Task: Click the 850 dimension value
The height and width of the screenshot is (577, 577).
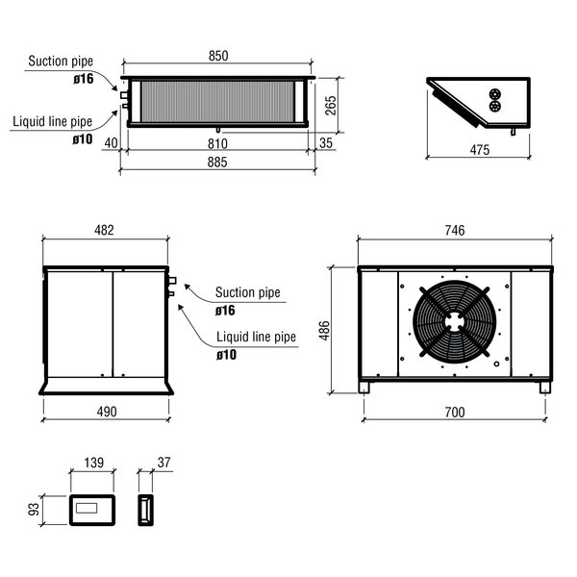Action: (218, 57)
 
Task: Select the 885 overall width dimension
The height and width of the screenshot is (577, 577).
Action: (217, 163)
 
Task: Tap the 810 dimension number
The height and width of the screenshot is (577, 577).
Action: (218, 142)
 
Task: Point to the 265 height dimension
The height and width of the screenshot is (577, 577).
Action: (331, 105)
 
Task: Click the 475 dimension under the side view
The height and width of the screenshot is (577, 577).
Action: (479, 149)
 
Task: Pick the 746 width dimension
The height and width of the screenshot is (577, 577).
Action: (455, 230)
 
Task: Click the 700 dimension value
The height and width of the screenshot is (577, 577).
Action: (455, 412)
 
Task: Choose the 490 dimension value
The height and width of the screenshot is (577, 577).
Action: (106, 412)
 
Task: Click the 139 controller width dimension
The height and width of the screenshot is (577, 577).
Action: (93, 464)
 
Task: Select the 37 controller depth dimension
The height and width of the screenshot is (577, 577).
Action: (163, 464)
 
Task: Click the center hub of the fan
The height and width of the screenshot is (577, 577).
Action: (454, 321)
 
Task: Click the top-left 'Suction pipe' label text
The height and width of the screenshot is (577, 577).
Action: (61, 62)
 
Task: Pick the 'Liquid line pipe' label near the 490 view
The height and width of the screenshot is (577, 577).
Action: (256, 338)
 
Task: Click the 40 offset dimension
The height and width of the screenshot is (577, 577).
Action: (111, 142)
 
